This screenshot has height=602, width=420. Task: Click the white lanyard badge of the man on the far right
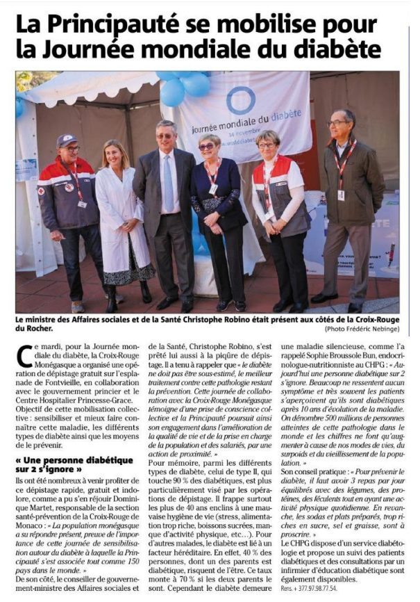click(x=341, y=195)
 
